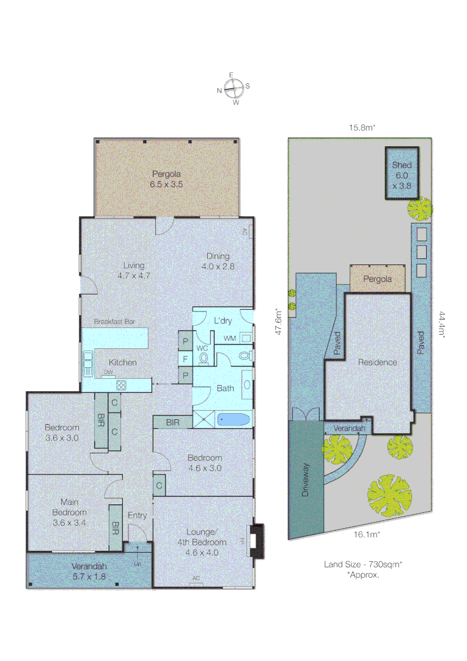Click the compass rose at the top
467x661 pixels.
233,89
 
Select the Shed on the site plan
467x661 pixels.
402,174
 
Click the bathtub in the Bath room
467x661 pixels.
233,420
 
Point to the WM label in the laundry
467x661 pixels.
229,338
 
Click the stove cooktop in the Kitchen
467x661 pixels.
121,385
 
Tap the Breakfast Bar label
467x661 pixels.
114,321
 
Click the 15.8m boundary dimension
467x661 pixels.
361,128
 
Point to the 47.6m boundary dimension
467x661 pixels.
279,321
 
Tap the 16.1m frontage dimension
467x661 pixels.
367,534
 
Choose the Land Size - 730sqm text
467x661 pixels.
362,565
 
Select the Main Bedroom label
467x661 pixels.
68,512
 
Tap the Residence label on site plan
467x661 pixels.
377,362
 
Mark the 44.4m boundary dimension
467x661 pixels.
441,327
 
